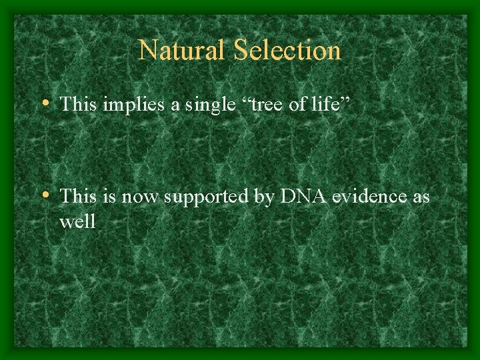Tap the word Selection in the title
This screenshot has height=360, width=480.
[x=284, y=50]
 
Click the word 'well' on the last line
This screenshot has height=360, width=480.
[x=77, y=221]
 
